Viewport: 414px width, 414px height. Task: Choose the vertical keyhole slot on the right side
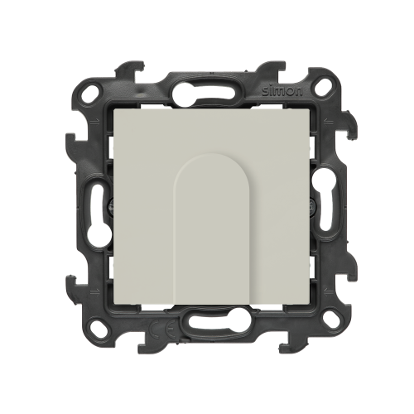[323, 200]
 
